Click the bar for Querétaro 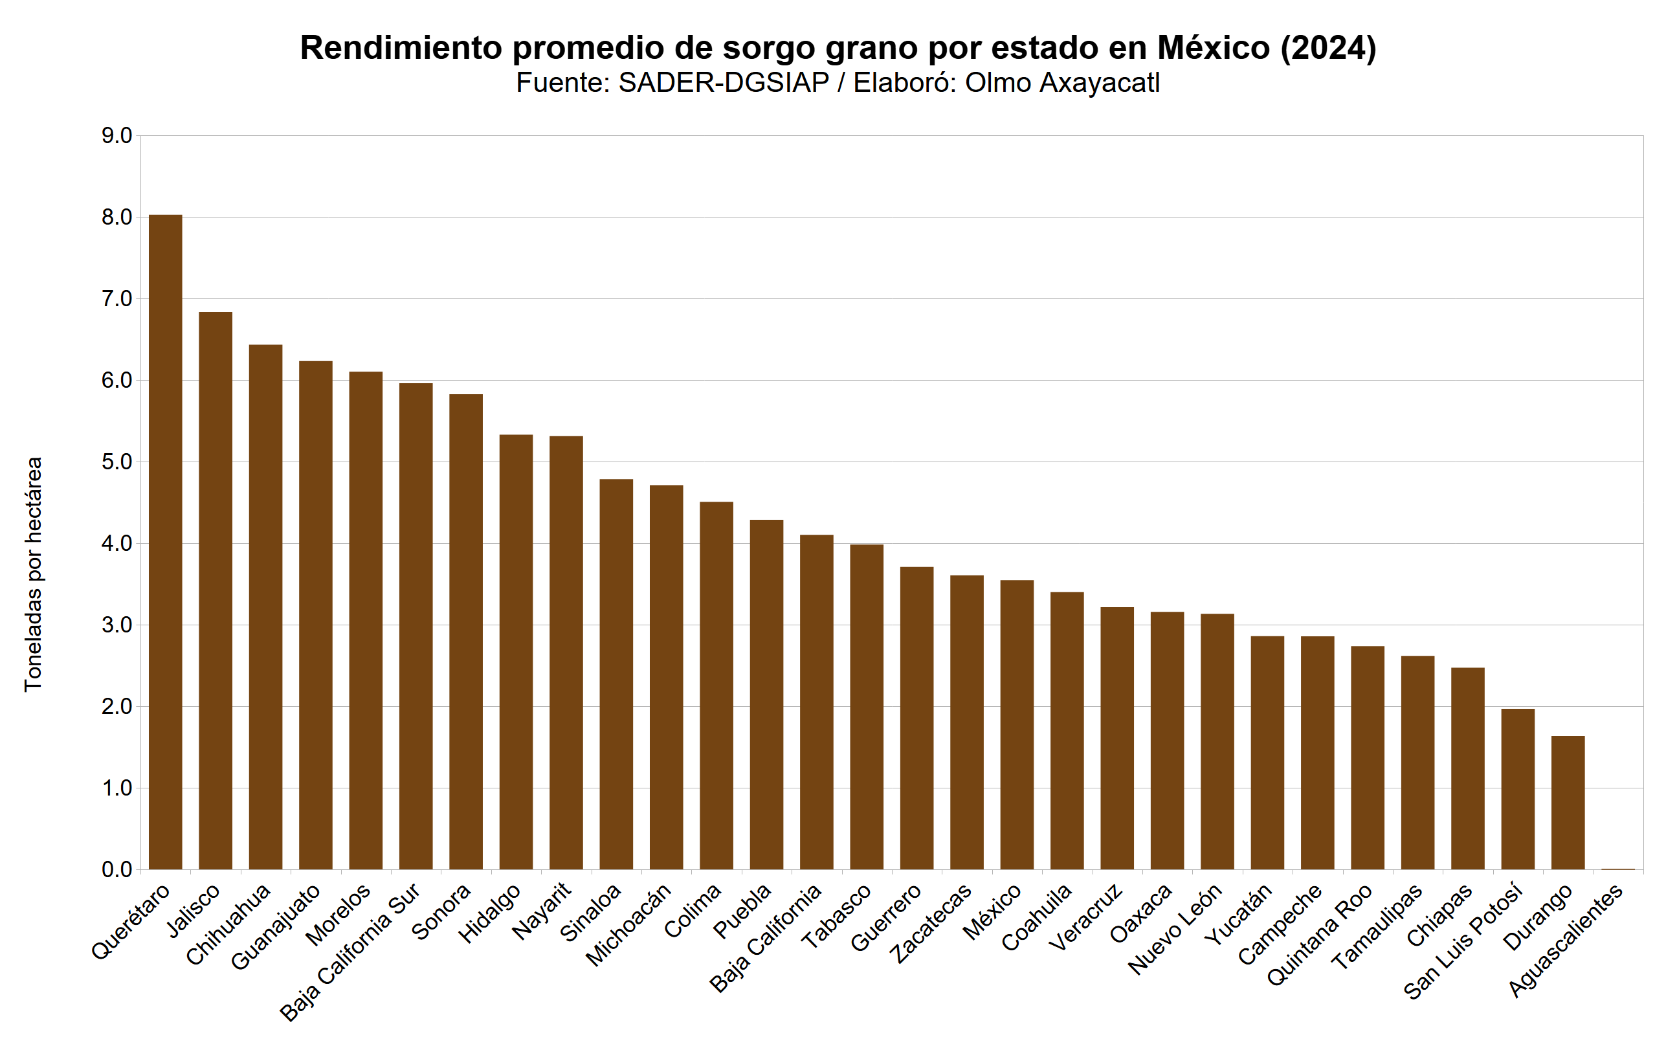(166, 542)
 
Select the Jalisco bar (216, 590)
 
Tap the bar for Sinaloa (616, 674)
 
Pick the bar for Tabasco (866, 707)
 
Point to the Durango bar (1568, 803)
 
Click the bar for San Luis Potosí (1518, 789)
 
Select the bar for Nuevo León (1217, 742)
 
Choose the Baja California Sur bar (416, 627)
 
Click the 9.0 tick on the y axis (117, 136)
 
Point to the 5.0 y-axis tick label (117, 462)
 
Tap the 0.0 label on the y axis (117, 869)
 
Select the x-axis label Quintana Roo (1320, 934)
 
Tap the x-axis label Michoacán (629, 924)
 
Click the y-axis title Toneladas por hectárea (33, 574)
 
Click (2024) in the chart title (1327, 48)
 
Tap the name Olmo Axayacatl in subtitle (1062, 83)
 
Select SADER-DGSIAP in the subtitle (724, 83)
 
